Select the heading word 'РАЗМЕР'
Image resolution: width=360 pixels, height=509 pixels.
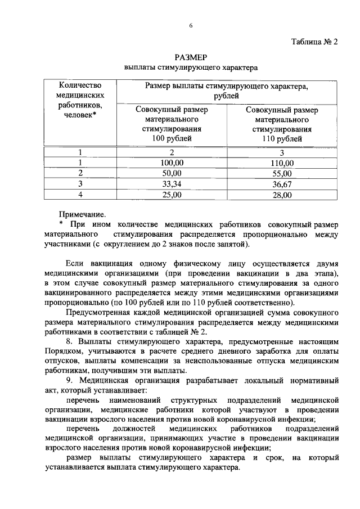point(191,57)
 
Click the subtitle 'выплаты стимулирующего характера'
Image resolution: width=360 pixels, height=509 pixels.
point(191,68)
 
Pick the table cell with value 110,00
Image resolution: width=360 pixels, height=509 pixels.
point(282,163)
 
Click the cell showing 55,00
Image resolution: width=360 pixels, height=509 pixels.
point(282,173)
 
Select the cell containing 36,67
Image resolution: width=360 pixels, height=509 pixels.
point(282,184)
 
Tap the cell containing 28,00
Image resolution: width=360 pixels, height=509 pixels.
point(282,195)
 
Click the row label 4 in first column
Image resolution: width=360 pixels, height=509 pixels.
point(80,195)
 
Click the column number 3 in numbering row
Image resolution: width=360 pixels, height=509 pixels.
point(282,152)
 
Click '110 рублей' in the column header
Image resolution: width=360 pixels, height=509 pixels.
point(282,138)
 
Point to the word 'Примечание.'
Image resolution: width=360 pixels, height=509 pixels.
point(82,214)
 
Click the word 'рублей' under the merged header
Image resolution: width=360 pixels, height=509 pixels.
point(227,96)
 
